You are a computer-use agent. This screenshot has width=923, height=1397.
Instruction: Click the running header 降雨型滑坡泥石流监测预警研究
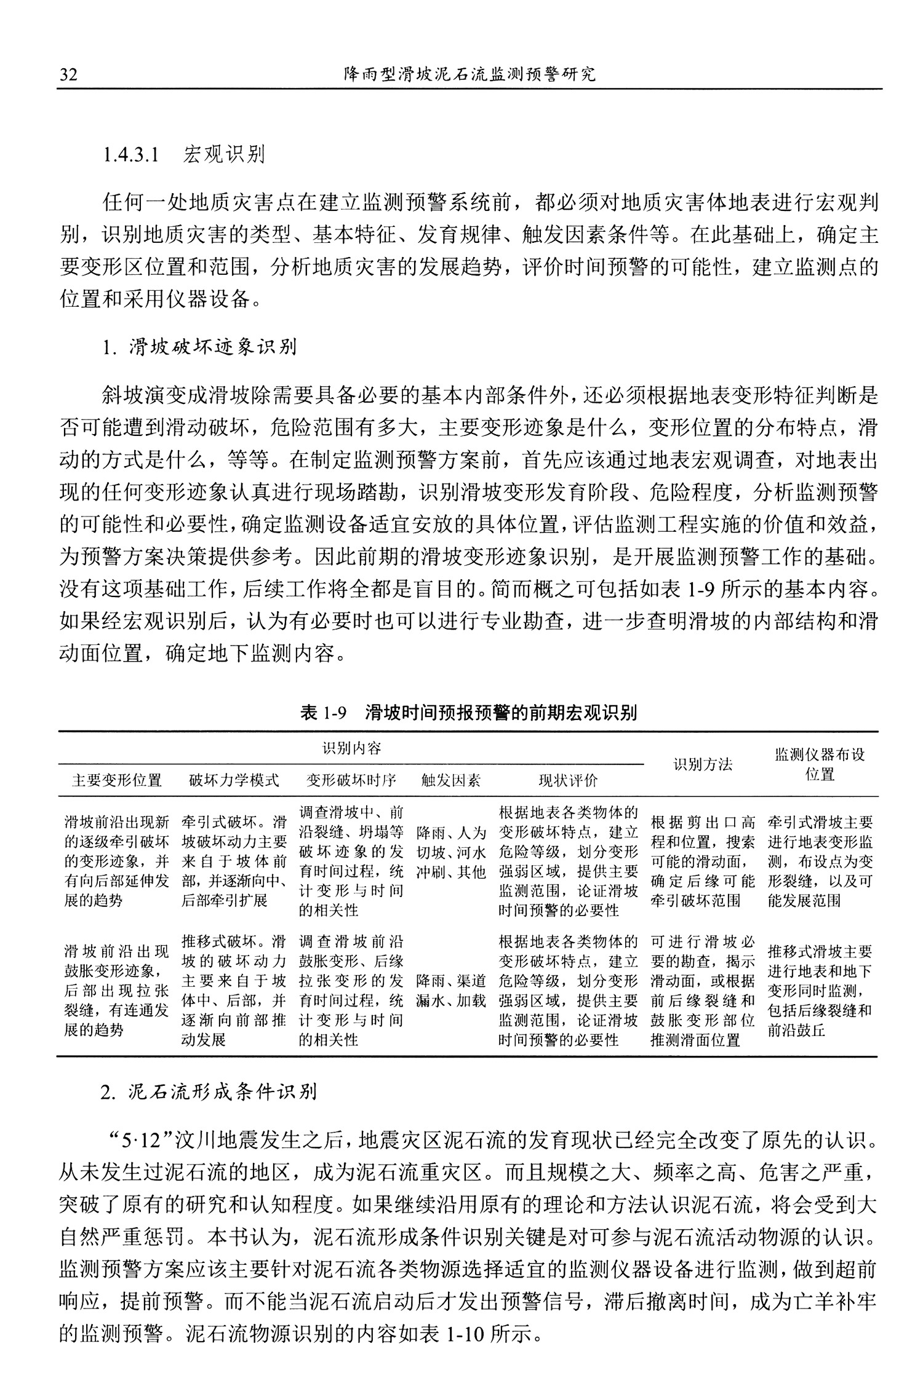tap(470, 75)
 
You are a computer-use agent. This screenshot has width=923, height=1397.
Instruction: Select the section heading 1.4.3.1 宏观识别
tap(184, 154)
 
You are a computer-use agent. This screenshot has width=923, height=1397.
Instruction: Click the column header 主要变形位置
tap(117, 780)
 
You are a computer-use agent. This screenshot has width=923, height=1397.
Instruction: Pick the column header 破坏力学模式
tap(234, 780)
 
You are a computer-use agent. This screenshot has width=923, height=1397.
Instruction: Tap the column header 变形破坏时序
tap(351, 780)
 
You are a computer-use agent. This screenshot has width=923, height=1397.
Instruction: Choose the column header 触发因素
tap(451, 780)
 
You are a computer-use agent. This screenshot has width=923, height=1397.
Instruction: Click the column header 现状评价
tap(568, 780)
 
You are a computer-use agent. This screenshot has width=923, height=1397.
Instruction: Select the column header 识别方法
tap(703, 764)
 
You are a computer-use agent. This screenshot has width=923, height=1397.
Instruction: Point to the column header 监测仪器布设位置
tap(820, 764)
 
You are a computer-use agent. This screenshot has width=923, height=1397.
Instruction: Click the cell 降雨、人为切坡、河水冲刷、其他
tap(451, 852)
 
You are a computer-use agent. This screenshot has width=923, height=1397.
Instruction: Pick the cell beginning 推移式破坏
tap(234, 990)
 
